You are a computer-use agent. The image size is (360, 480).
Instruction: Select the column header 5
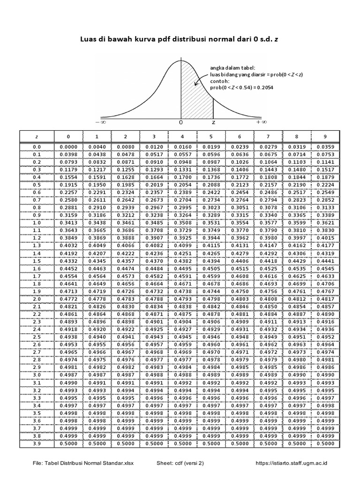coord(211,136)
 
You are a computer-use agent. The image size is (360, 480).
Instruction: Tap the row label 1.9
coord(37,291)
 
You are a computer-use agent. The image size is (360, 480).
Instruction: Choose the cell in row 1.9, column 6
coord(240,291)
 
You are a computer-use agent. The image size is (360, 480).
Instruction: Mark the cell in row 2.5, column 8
coord(296,337)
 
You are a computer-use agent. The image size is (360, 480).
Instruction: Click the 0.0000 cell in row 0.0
coord(68,147)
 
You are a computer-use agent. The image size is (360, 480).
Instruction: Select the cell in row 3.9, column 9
coord(325,443)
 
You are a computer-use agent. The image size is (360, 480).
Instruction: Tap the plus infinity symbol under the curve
coord(261,122)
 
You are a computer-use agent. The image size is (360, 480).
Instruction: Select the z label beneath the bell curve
coord(213,122)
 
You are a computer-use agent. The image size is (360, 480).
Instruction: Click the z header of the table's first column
coord(37,136)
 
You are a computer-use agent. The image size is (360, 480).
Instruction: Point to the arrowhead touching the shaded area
coord(193,86)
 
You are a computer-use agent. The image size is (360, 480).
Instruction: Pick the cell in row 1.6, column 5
coord(211,268)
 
